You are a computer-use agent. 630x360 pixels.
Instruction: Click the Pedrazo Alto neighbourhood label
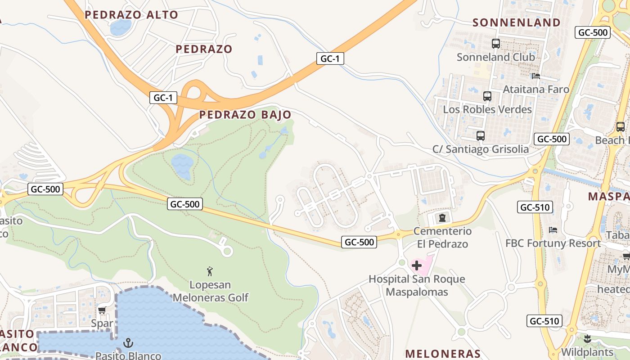(x=131, y=15)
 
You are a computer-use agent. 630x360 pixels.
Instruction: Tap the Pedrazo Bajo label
(x=245, y=115)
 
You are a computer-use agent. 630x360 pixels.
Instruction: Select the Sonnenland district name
(x=517, y=22)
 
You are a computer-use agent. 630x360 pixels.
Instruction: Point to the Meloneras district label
(x=443, y=353)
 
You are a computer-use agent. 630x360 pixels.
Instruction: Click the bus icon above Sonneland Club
(x=495, y=44)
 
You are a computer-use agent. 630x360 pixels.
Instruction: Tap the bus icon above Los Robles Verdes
(x=487, y=96)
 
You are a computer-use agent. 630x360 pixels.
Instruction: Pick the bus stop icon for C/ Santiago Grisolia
(x=480, y=135)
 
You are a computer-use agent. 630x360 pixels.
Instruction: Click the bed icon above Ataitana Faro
(x=535, y=76)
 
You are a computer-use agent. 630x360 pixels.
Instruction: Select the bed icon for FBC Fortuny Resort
(x=553, y=230)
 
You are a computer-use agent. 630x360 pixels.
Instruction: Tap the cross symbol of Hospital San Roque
(x=417, y=265)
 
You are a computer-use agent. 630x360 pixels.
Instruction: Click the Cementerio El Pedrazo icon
(x=442, y=218)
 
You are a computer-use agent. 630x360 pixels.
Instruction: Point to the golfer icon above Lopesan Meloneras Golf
(x=210, y=271)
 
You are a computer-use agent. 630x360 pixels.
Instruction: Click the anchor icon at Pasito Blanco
(x=128, y=343)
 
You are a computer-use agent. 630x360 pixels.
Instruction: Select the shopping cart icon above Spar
(x=102, y=310)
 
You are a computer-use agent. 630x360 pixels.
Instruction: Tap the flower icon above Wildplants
(x=587, y=338)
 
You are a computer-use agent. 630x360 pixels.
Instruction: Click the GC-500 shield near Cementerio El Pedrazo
(x=359, y=242)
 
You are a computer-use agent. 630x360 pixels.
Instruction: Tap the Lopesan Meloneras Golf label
(x=210, y=291)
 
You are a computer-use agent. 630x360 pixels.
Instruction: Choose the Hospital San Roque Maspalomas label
(x=417, y=285)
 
